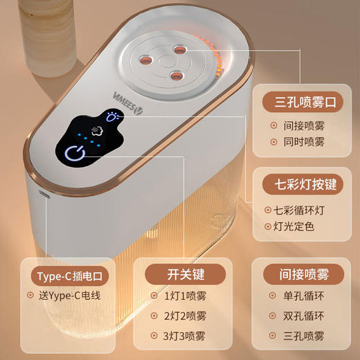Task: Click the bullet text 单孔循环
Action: click(304, 296)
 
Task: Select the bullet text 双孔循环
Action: click(304, 316)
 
